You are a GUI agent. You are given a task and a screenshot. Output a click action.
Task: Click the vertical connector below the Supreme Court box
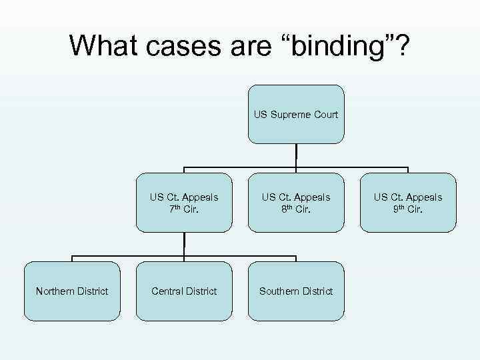pos(296,155)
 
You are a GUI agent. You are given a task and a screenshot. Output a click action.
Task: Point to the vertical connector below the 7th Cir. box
pos(184,244)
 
